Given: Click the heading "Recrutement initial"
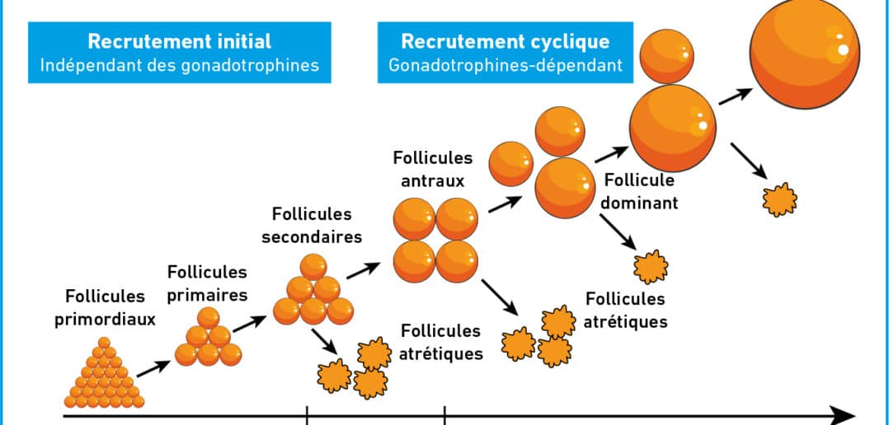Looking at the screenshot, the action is (x=180, y=41).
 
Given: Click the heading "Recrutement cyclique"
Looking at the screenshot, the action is (x=506, y=41).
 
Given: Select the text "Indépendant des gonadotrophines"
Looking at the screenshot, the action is (x=180, y=64).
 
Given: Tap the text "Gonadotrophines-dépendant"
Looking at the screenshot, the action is (x=506, y=64).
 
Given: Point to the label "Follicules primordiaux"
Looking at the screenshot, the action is (x=105, y=308).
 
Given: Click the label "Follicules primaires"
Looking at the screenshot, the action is (x=208, y=283).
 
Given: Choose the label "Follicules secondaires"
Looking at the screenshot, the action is (x=312, y=225).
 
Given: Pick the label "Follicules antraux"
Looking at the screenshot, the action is (x=433, y=169).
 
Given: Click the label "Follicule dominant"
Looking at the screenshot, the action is (x=639, y=191).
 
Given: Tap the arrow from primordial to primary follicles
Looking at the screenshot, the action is (x=153, y=368).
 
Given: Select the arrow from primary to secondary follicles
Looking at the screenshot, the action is (x=249, y=324).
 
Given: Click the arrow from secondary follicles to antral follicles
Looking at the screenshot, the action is (x=364, y=270).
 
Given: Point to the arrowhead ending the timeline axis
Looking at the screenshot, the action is (x=843, y=415).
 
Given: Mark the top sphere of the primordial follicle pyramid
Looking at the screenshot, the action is (x=104, y=343).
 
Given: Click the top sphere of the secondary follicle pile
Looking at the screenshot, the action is (x=313, y=267).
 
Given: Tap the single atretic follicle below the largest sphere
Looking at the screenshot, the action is (x=779, y=200).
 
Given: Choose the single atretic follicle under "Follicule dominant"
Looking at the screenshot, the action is (x=651, y=267).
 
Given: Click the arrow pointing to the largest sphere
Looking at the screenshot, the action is (x=736, y=96).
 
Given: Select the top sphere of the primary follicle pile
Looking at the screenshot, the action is (x=208, y=318).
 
